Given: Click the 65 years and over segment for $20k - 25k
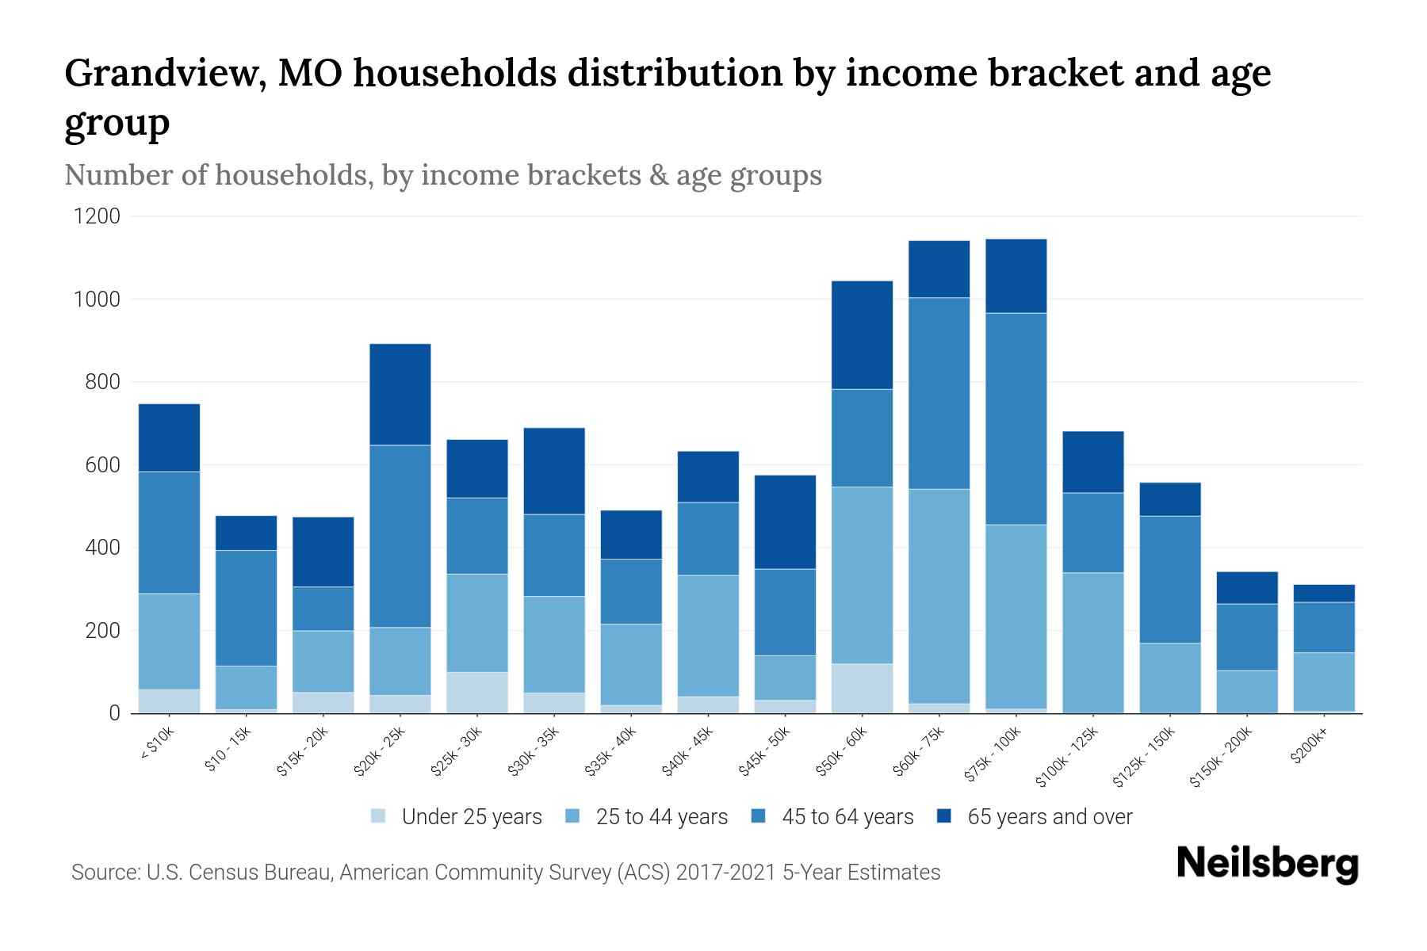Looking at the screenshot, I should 400,394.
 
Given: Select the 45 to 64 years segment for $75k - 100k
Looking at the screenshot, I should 1016,418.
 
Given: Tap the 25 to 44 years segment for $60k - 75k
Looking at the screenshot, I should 939,596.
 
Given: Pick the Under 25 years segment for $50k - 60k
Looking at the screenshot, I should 862,688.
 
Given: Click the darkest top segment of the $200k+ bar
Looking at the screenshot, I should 1324,593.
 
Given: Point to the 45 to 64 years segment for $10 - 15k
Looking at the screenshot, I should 246,608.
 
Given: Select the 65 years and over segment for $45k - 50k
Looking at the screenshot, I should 785,521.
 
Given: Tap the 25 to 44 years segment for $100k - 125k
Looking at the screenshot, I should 1093,642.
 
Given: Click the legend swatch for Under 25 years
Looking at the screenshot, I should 379,816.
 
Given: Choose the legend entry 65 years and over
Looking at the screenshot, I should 1049,816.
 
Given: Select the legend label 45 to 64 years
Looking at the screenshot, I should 847,816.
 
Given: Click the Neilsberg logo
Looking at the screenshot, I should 1268,863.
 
